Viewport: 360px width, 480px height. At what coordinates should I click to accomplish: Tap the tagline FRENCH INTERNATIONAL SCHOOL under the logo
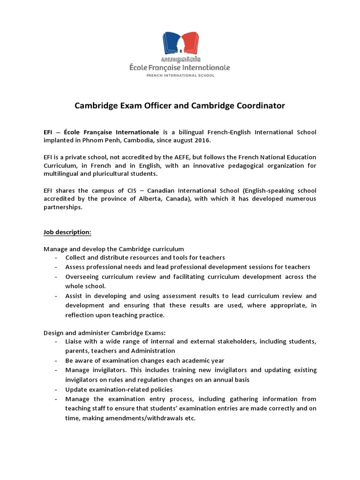180,75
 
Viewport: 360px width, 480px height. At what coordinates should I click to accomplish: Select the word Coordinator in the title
257,106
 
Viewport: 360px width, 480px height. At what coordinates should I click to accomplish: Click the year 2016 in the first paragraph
202,141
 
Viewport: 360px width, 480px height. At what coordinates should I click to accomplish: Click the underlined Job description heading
67,232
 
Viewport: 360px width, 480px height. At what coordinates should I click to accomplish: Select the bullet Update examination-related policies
119,390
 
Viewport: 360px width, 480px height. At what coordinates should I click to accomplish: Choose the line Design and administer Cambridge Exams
105,332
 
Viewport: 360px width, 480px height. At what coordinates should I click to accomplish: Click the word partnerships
63,207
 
